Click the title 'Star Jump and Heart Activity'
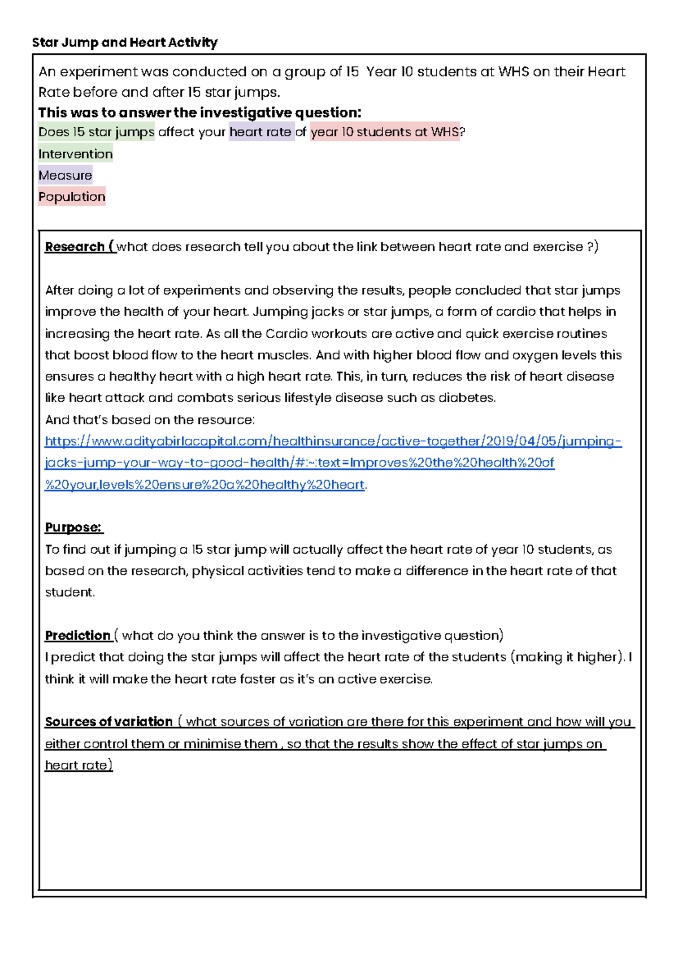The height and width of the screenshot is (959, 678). [124, 42]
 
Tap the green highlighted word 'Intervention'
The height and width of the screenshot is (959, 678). [75, 154]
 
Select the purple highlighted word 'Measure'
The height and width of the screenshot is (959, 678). [65, 175]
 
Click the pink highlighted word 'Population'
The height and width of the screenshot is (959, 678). [72, 197]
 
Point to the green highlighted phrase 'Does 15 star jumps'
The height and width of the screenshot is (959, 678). [96, 132]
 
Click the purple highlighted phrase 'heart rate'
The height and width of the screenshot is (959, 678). [261, 132]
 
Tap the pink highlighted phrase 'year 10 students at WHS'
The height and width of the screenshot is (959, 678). [384, 132]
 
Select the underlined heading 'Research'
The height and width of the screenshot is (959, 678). [75, 247]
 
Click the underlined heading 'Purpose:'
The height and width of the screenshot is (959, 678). [73, 528]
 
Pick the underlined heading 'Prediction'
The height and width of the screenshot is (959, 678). [77, 636]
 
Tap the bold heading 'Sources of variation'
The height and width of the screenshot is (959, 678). [108, 722]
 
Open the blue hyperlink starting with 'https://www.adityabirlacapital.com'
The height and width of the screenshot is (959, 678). [333, 441]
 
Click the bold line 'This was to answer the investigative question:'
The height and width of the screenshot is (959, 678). [199, 113]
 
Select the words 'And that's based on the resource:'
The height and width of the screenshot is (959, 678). [150, 420]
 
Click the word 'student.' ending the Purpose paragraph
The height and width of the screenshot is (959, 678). [70, 592]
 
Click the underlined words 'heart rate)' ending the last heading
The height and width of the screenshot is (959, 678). [79, 765]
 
